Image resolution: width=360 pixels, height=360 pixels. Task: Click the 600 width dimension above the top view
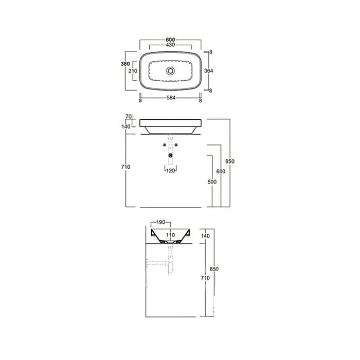click(170, 40)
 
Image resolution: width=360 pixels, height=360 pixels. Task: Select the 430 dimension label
click(170, 45)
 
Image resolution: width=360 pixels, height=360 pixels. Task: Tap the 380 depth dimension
click(125, 64)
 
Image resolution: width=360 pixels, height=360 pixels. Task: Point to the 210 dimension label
click(133, 71)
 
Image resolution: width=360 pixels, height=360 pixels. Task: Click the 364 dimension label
click(209, 71)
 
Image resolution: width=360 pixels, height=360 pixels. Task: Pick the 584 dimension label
click(171, 98)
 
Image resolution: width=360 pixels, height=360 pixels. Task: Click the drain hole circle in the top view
click(170, 71)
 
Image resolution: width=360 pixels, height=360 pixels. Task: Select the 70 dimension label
click(129, 117)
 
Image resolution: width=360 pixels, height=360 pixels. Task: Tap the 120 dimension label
click(170, 171)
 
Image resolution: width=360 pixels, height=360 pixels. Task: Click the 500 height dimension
click(212, 182)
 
